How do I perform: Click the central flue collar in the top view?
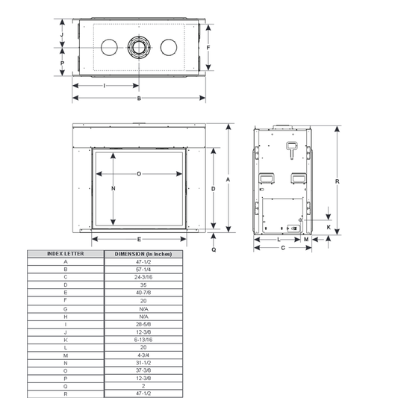coord(139,47)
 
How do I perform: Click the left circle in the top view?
coord(109,47)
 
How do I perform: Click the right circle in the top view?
coord(169,47)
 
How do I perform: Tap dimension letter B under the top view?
coord(139,99)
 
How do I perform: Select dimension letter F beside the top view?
coord(208,48)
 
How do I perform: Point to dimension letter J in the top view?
coord(62,34)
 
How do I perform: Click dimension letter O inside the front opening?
coord(139,174)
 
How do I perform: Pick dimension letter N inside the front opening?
coord(114,188)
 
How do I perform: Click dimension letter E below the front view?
coord(139,240)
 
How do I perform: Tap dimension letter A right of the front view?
coord(228,180)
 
